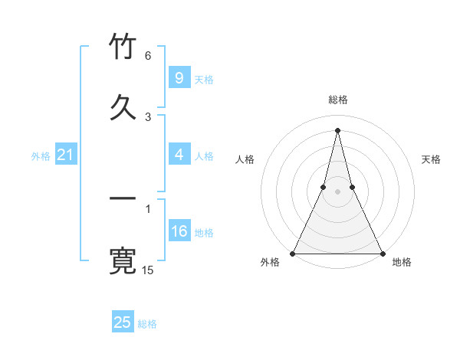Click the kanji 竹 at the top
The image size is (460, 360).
click(123, 47)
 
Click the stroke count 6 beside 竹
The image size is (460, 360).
click(148, 56)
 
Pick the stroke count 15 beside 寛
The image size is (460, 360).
click(148, 270)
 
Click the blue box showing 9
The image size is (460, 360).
click(179, 78)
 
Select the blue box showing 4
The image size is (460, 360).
click(179, 155)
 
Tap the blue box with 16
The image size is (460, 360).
click(179, 231)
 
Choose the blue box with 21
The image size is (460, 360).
click(65, 155)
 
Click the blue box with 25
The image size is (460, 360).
click(123, 322)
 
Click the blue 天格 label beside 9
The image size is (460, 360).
click(204, 79)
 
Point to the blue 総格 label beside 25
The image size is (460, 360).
click(147, 324)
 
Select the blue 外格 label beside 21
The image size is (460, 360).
click(41, 156)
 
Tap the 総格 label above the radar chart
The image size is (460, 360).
click(337, 100)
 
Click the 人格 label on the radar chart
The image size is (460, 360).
click(245, 159)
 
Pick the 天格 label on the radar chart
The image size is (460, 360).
click(431, 159)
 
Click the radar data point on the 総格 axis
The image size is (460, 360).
click(337, 129)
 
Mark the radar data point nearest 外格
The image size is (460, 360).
click(293, 253)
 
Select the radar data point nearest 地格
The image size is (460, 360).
click(382, 253)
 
